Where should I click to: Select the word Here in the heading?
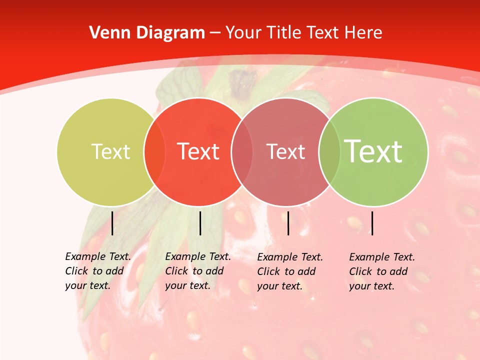[x=363, y=33]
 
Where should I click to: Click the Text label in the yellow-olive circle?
[x=110, y=151]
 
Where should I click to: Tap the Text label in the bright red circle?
[x=198, y=151]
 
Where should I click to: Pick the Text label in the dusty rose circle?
[x=285, y=151]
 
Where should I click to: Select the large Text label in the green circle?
[x=373, y=151]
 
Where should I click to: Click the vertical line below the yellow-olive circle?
[x=112, y=223]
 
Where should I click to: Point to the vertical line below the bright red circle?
[x=200, y=223]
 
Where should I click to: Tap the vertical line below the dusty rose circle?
[x=288, y=223]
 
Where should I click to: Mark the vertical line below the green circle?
[x=372, y=223]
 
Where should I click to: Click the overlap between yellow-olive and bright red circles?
[x=154, y=151]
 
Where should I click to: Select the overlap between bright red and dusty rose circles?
[x=242, y=151]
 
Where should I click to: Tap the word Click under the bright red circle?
[x=176, y=271]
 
